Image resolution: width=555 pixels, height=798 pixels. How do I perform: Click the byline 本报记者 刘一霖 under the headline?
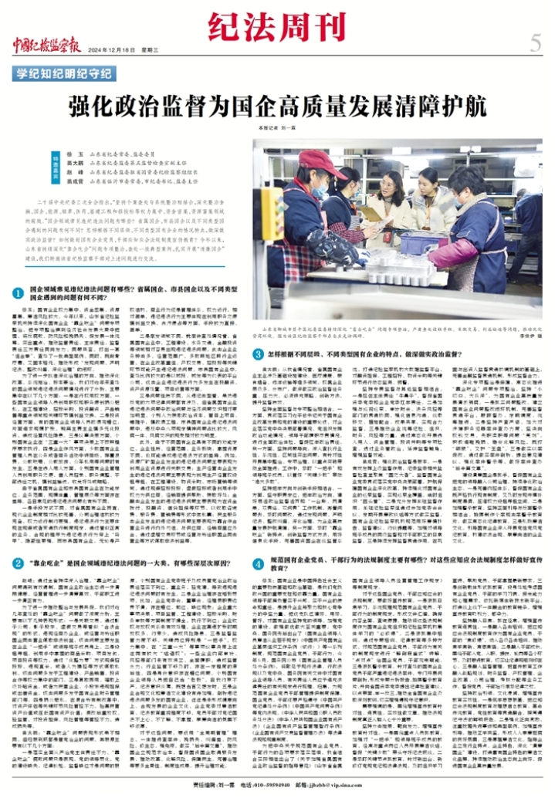(279, 125)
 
